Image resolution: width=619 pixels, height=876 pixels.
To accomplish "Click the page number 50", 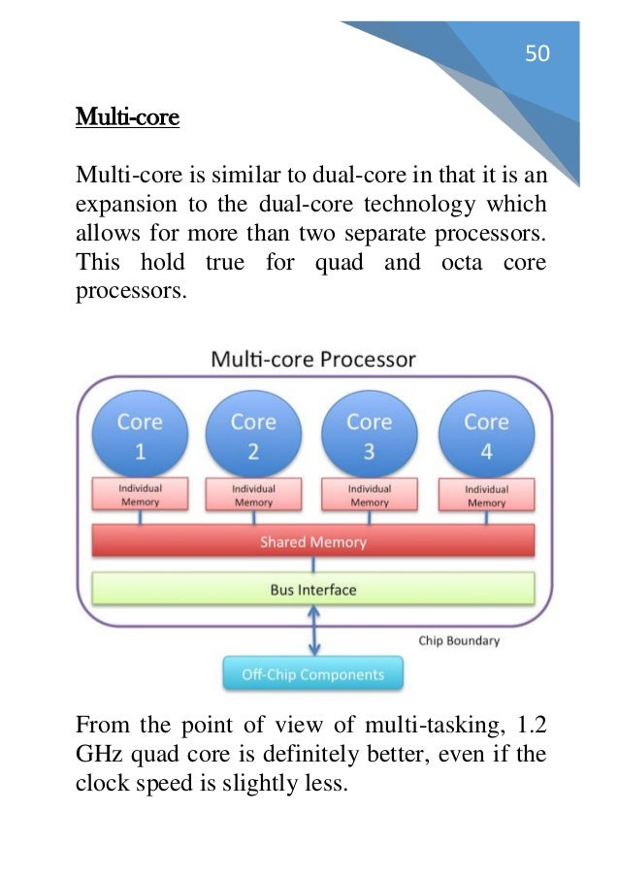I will coord(537,54).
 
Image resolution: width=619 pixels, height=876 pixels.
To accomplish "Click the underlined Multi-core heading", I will coord(127,119).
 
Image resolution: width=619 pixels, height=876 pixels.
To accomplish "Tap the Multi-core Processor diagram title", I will coord(313,359).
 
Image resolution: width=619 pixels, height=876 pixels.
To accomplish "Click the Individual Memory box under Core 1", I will coord(140,495).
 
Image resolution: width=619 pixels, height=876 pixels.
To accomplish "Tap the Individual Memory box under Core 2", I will coord(253,495).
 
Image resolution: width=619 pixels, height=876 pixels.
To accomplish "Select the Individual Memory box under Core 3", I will coord(369,495).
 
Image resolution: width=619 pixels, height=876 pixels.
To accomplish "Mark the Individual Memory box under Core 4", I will coord(485,496).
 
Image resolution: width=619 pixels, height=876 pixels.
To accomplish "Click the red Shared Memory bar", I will coord(312,541).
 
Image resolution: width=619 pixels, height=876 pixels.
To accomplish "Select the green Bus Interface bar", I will coord(312,589).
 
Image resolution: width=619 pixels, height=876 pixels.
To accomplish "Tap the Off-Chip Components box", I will coord(312,674).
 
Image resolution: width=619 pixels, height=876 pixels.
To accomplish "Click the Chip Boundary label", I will coord(459,641).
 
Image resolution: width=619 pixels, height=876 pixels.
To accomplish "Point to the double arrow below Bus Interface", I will coord(312,632).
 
